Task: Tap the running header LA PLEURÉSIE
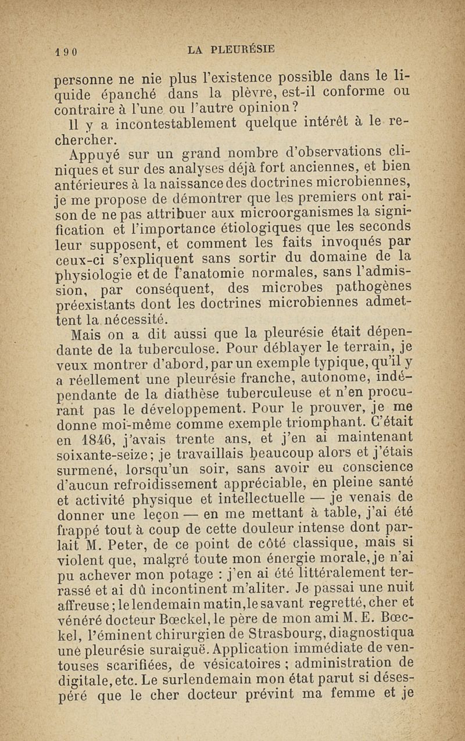point(231,50)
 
